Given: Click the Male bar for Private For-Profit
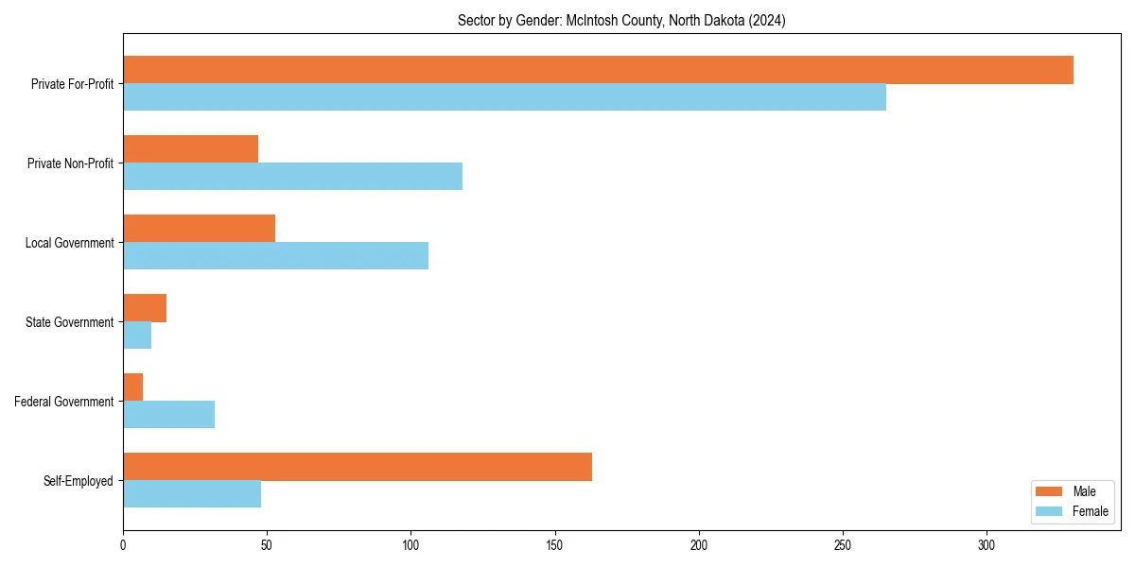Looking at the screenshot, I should [x=598, y=70].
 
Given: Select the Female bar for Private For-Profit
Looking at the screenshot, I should [x=504, y=97].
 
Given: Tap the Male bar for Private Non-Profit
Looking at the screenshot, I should [x=190, y=149].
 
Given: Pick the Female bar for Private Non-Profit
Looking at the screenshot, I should [x=292, y=177].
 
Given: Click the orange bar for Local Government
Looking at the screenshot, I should [x=199, y=229].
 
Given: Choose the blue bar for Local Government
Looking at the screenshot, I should [x=275, y=256].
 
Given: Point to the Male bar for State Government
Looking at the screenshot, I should [x=145, y=308].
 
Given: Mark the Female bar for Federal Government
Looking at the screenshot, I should [x=168, y=415].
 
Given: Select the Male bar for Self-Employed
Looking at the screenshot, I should [x=358, y=467].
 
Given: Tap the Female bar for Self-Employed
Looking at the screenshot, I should [x=192, y=494].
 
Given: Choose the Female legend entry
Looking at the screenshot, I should [x=1073, y=511].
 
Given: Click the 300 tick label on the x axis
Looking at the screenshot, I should [x=987, y=545].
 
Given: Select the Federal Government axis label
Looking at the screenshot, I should [x=64, y=402].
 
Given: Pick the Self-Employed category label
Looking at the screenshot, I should [x=79, y=481].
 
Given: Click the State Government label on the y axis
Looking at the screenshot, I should [x=70, y=322].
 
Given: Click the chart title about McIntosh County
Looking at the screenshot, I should [x=621, y=20].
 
